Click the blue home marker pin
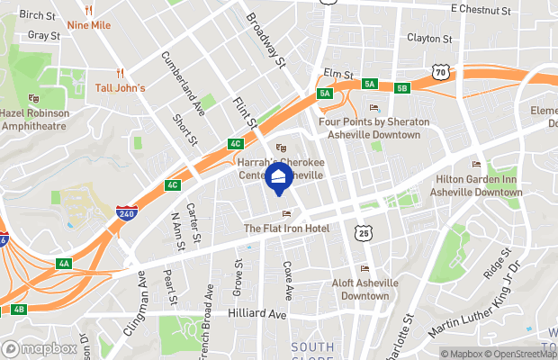click(x=279, y=177)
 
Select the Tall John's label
click(x=121, y=87)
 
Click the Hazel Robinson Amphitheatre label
click(x=35, y=119)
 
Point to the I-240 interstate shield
click(x=127, y=214)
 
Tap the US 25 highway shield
click(x=363, y=232)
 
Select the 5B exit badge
click(x=401, y=87)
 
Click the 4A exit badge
click(x=63, y=264)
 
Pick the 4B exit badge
click(x=19, y=310)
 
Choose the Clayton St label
click(x=429, y=39)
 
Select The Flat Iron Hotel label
click(x=286, y=229)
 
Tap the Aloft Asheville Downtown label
click(x=364, y=289)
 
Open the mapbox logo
click(x=40, y=348)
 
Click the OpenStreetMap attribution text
click(x=517, y=354)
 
